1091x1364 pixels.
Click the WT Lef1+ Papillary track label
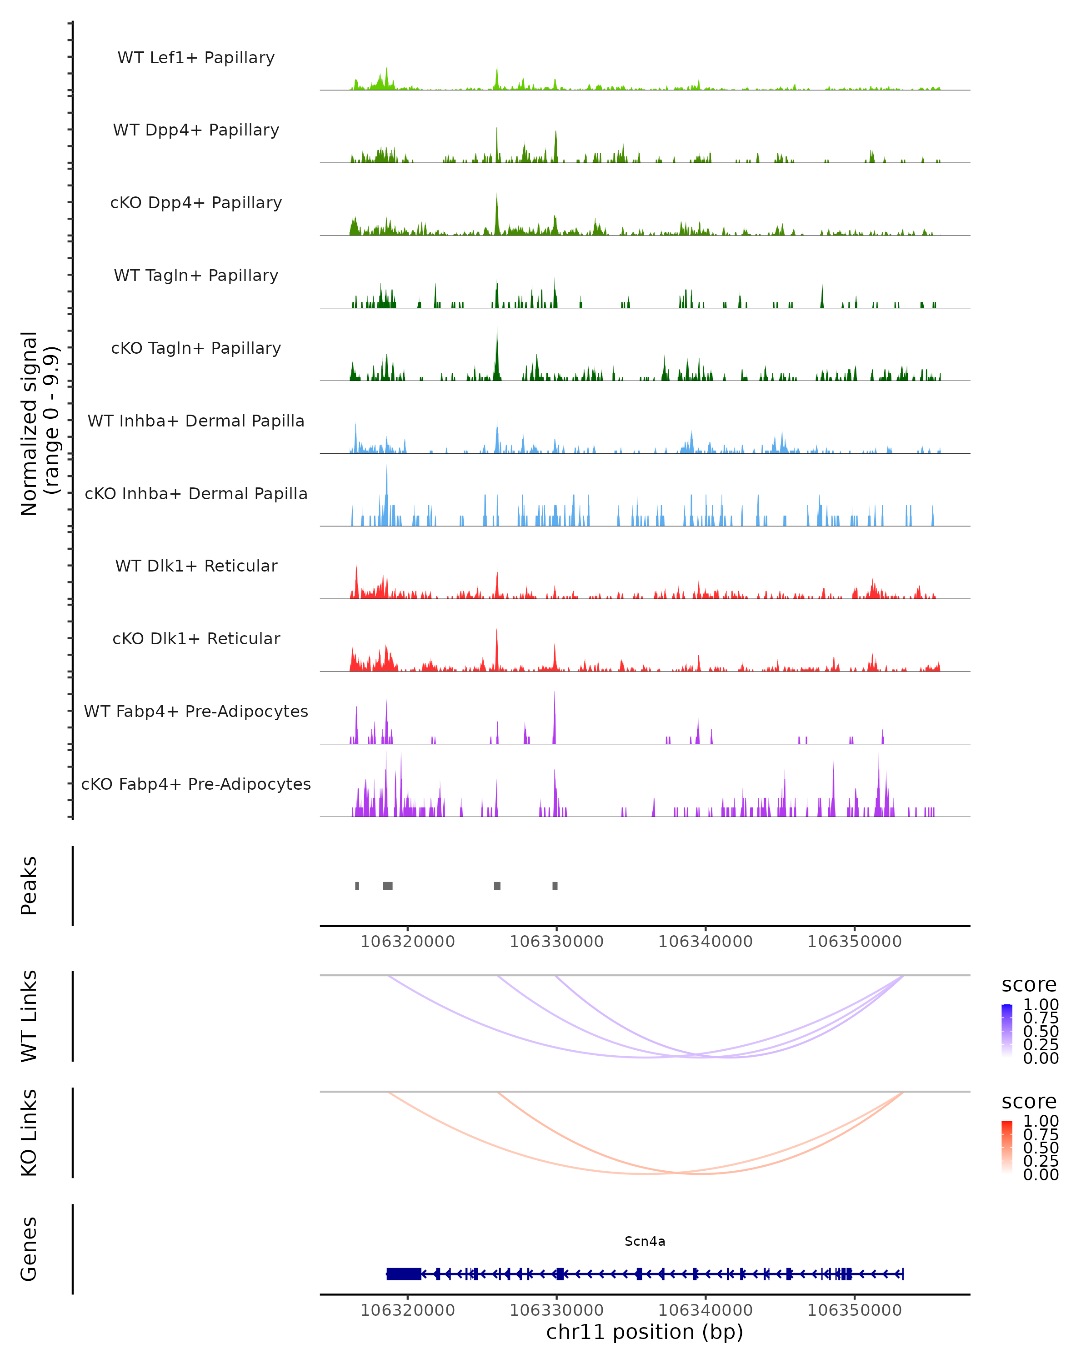196,58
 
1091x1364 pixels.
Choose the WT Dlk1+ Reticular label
196,566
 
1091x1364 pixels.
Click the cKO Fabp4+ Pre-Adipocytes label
196,784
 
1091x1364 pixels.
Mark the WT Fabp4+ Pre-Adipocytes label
196,711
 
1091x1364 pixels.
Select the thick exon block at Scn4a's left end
404,1274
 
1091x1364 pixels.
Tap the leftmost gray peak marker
357,886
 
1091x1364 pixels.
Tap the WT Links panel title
29,1016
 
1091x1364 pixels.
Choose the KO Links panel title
29,1133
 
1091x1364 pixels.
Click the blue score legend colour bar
1007,1031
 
